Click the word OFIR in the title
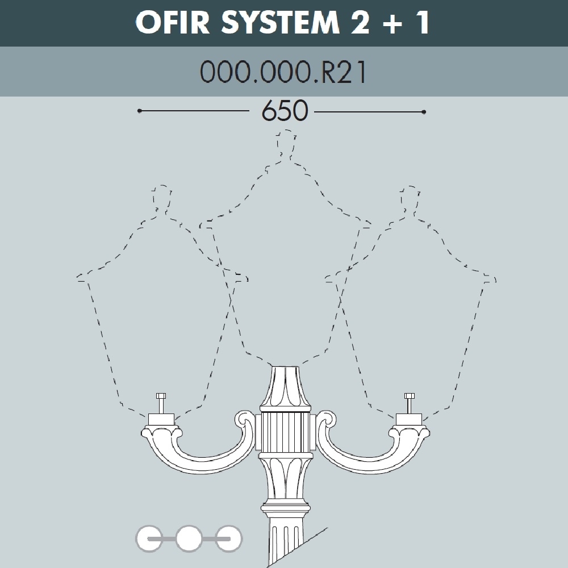[x=173, y=23]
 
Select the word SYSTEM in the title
[x=281, y=23]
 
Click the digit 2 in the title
[x=360, y=23]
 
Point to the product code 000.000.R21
[x=283, y=72]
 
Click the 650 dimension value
[x=285, y=111]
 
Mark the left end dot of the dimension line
[x=140, y=111]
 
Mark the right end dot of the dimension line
[x=424, y=112]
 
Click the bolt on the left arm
[x=161, y=403]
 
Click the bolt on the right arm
[x=409, y=403]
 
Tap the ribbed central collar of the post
[x=286, y=432]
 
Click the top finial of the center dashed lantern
[x=286, y=144]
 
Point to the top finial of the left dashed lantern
[x=161, y=198]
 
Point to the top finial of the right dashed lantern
[x=410, y=198]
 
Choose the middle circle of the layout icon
[x=189, y=538]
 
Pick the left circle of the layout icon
[x=149, y=538]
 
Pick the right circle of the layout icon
[x=229, y=538]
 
